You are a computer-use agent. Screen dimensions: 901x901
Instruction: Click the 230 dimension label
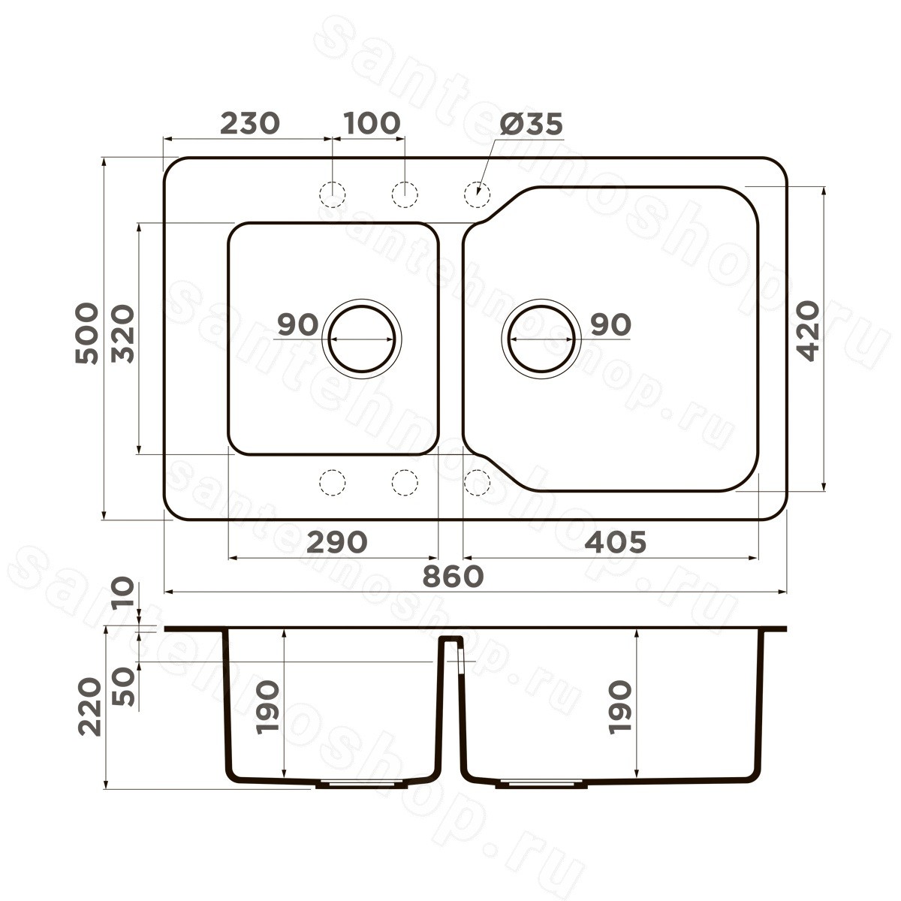[x=250, y=123]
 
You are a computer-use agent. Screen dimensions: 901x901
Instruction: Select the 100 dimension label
[x=372, y=123]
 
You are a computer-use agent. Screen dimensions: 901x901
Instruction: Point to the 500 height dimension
[x=87, y=333]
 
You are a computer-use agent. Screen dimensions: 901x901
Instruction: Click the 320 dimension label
[x=123, y=333]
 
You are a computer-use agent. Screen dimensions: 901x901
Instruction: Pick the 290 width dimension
[x=337, y=542]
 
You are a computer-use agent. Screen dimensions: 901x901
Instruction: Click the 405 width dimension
[x=616, y=542]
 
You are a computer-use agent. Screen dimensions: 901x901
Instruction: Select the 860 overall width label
[x=453, y=576]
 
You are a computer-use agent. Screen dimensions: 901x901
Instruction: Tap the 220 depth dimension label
[x=89, y=707]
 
